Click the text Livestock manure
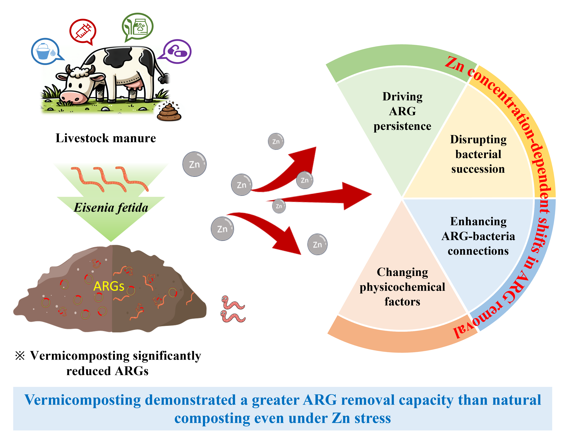[x=106, y=138]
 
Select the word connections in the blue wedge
[x=478, y=251]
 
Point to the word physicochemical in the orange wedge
[x=402, y=287]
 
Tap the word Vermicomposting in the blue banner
[x=82, y=400]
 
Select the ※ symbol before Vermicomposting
[x=20, y=356]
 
